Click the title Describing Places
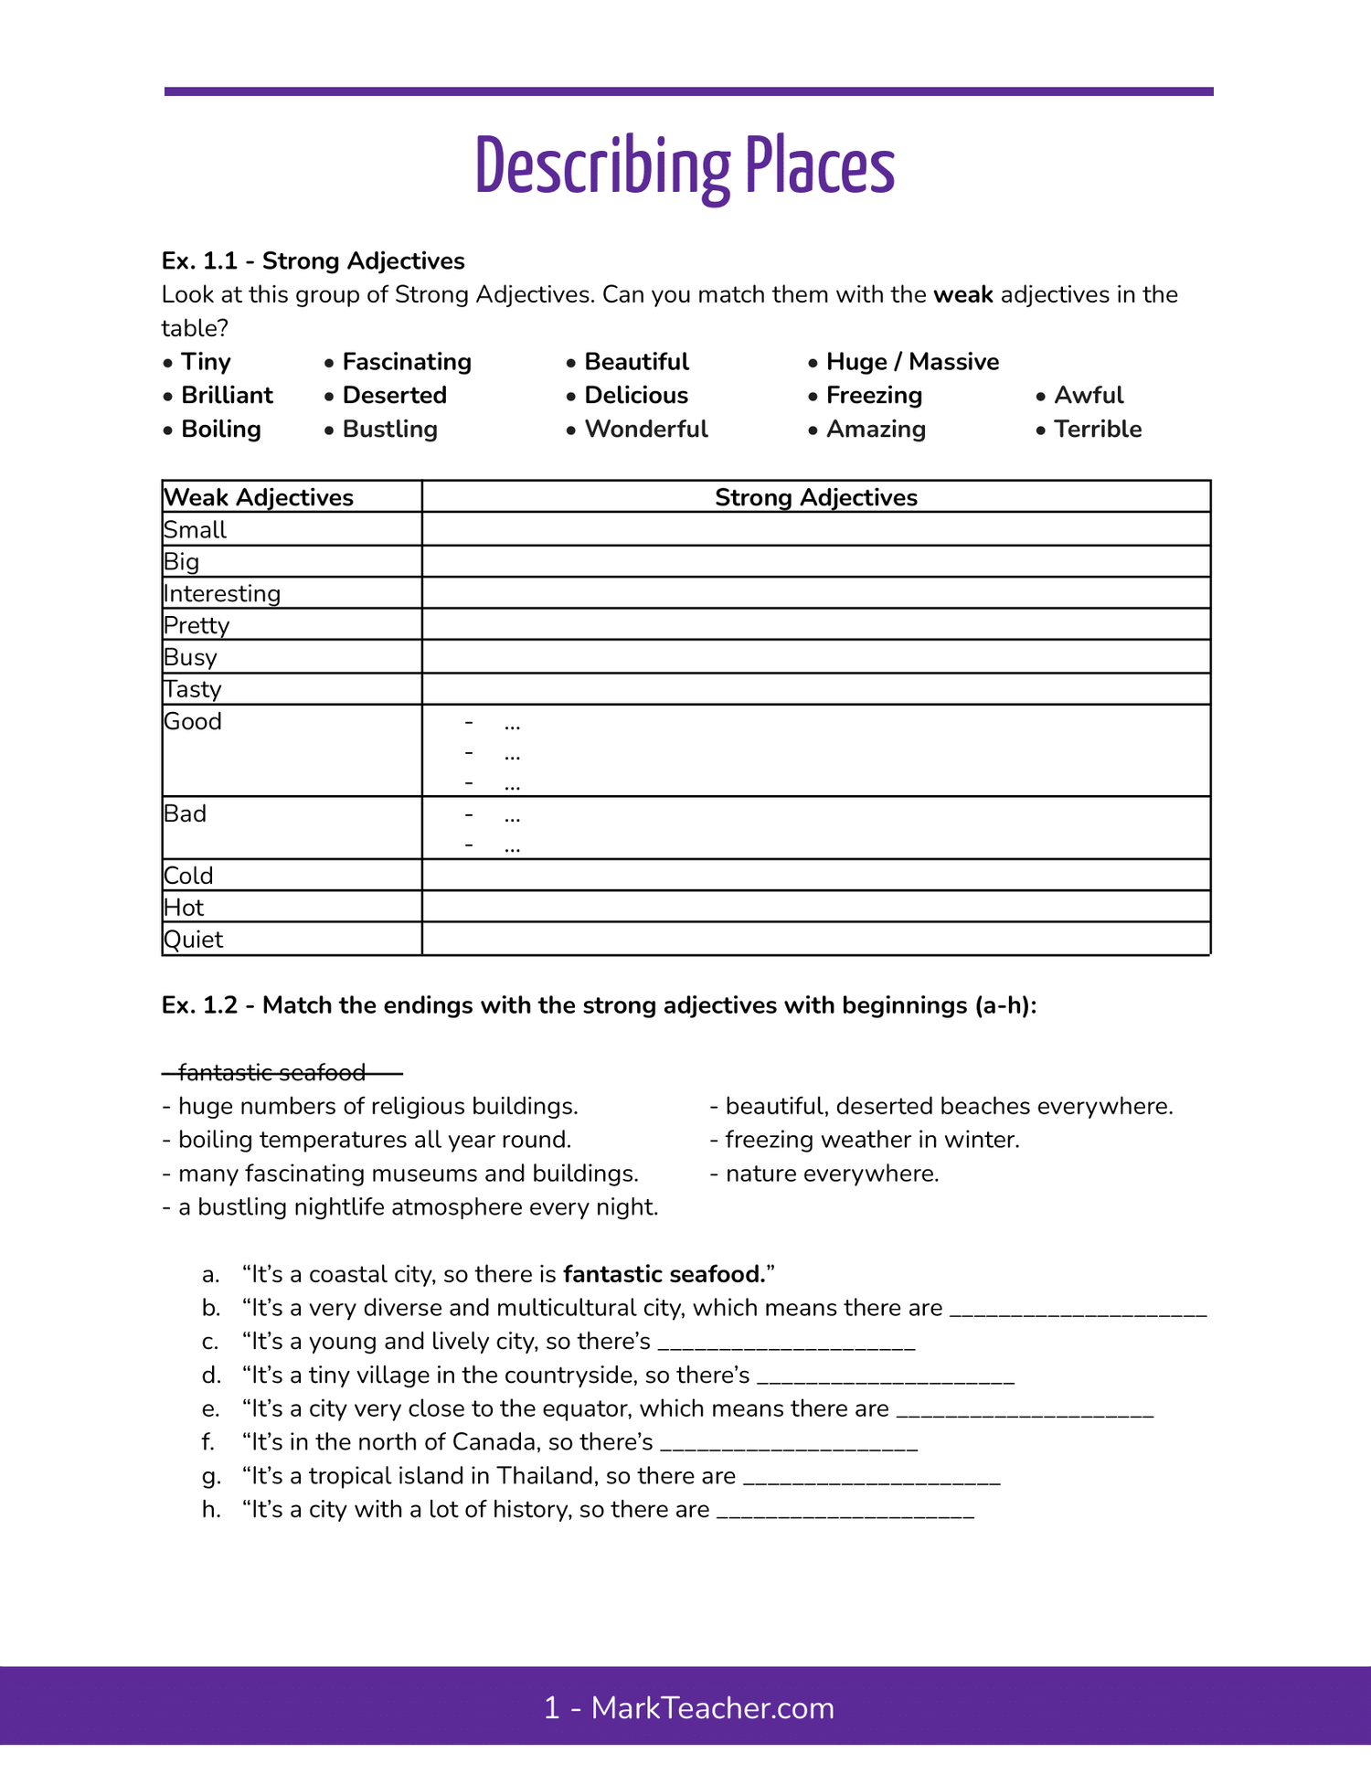coord(685,166)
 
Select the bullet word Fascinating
coord(406,362)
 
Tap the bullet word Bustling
coord(389,430)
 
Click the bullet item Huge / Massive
coord(911,362)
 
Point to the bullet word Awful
coord(1088,396)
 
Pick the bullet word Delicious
coord(635,396)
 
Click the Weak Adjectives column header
coord(259,497)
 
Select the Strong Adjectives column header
coord(815,497)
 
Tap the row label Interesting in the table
coord(222,594)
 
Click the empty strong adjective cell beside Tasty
coord(815,689)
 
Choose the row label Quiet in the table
coord(194,940)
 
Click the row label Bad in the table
coord(186,813)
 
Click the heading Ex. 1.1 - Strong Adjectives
coord(313,261)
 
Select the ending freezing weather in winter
coord(871,1140)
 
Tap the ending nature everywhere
coord(831,1174)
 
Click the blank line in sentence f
coord(788,1443)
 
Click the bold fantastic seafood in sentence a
coord(664,1274)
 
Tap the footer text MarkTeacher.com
coord(712,1707)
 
